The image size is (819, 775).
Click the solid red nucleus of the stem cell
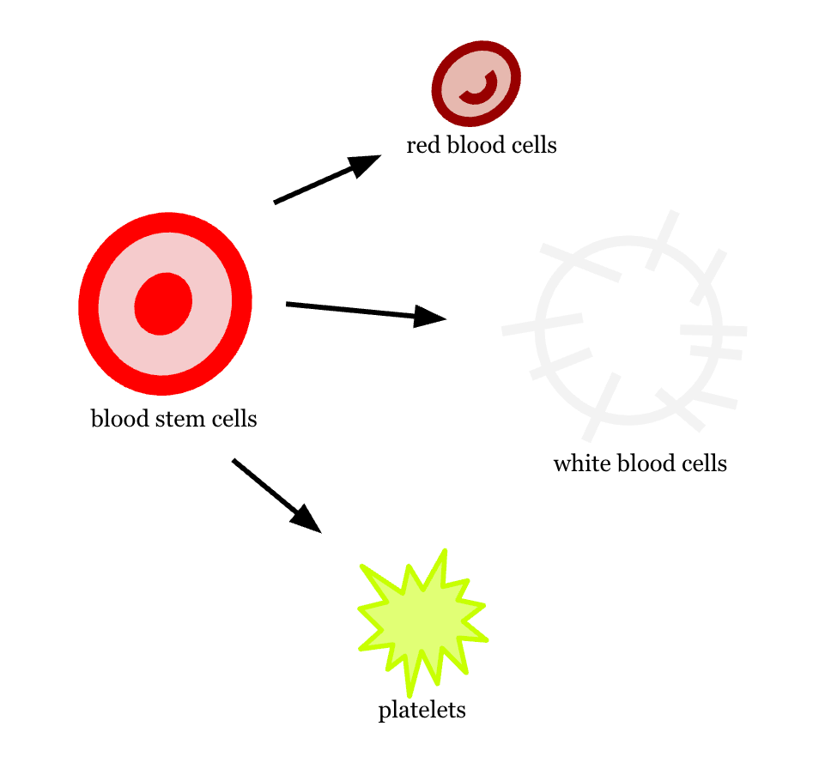163,304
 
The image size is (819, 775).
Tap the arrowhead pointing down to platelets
306,518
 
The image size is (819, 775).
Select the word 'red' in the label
423,145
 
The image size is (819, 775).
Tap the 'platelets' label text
422,711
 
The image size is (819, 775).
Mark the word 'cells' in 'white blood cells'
705,463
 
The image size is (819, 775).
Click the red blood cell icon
476,83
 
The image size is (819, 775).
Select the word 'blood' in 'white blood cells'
646,463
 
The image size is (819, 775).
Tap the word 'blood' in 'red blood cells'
476,145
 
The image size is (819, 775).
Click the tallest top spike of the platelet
445,550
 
